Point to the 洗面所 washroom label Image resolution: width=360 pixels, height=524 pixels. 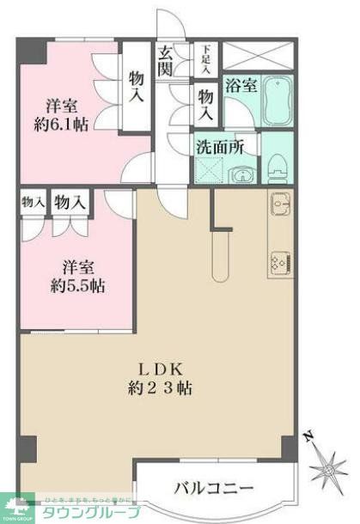pos(220,147)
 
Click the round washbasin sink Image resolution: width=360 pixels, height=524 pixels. pos(243,177)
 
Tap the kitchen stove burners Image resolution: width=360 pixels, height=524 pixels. pos(280,260)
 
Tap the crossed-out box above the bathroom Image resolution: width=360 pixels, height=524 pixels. pos(259,58)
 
